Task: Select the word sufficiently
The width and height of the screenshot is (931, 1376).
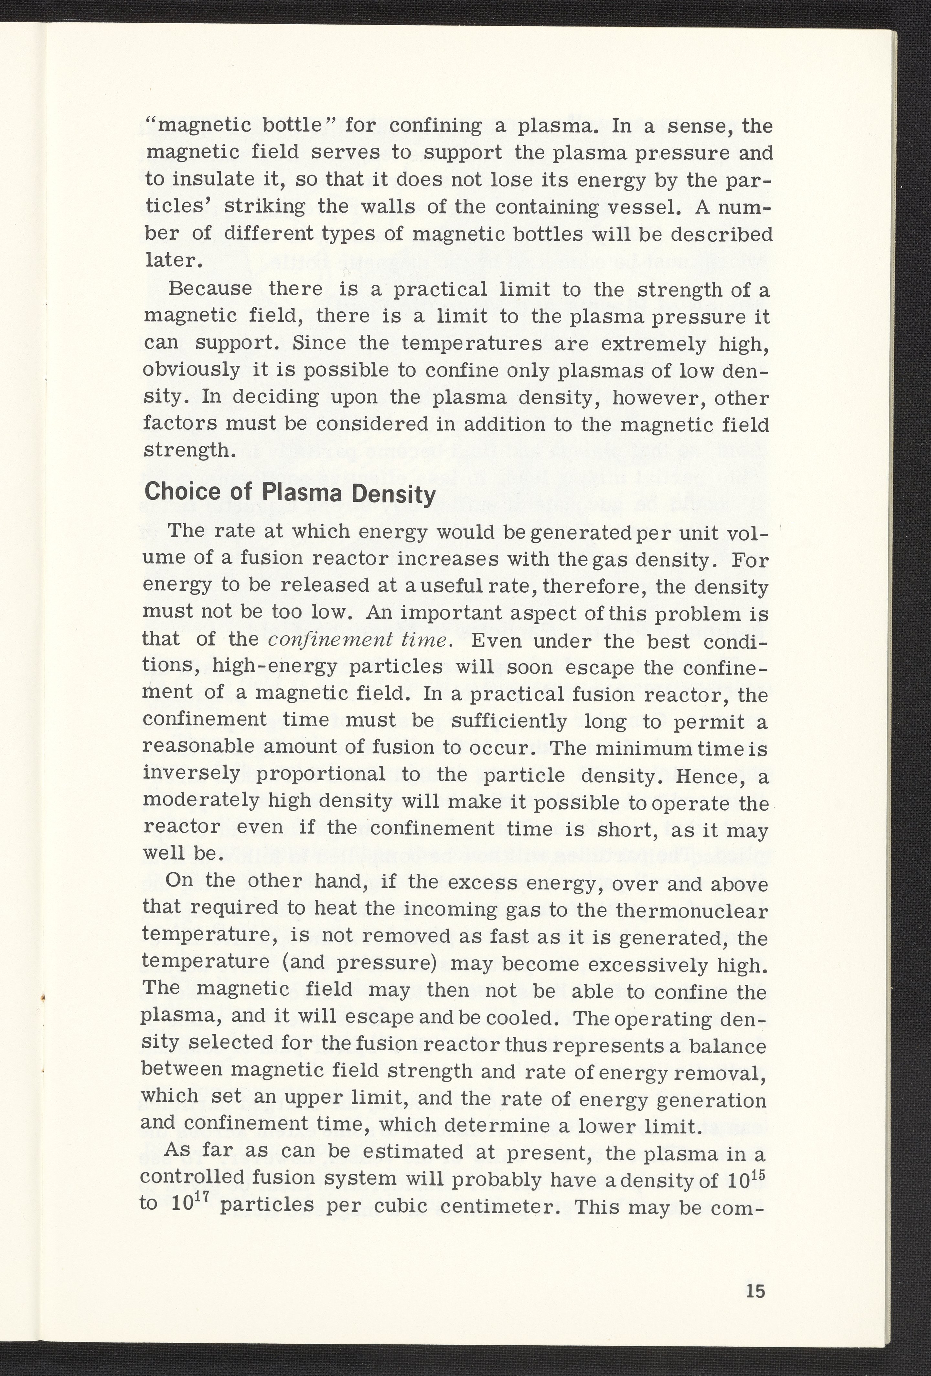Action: (508, 722)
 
